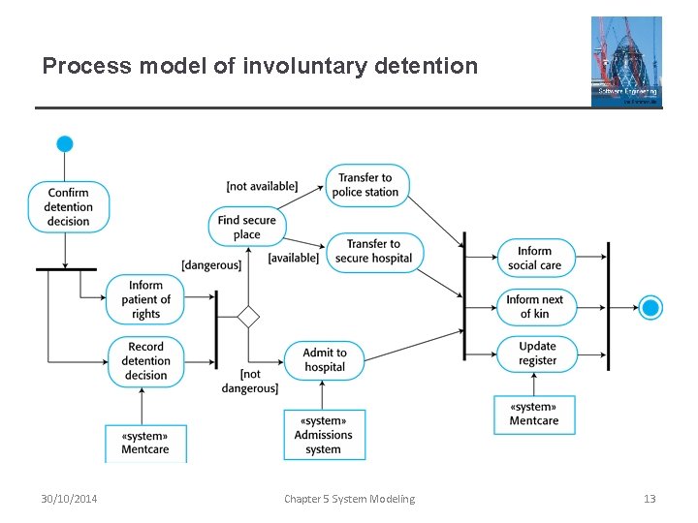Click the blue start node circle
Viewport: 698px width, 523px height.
pyautogui.click(x=65, y=144)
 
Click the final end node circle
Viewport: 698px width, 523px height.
pyautogui.click(x=651, y=308)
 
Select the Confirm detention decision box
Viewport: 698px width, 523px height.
pyautogui.click(x=68, y=207)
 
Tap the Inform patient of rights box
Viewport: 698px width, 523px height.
pyautogui.click(x=145, y=299)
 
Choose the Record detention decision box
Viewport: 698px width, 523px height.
pyautogui.click(x=145, y=361)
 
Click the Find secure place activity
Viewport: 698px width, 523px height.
pyautogui.click(x=247, y=227)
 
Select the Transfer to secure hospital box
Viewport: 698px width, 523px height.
pyautogui.click(x=373, y=251)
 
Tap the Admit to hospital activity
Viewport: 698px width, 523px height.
pyautogui.click(x=325, y=360)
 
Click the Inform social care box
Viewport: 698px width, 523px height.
pyautogui.click(x=534, y=258)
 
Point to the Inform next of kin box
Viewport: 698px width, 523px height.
pyautogui.click(x=535, y=306)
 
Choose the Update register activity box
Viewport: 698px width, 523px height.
pyautogui.click(x=537, y=354)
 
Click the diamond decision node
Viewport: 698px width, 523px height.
pyautogui.click(x=249, y=317)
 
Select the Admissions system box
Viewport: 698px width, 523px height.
pyautogui.click(x=324, y=435)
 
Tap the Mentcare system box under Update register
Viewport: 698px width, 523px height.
pyautogui.click(x=534, y=415)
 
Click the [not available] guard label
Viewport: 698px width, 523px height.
pyautogui.click(x=262, y=186)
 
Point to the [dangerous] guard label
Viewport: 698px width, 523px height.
pyautogui.click(x=211, y=265)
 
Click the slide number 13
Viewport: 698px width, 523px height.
pyautogui.click(x=650, y=499)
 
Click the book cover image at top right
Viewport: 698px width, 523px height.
pyautogui.click(x=626, y=61)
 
